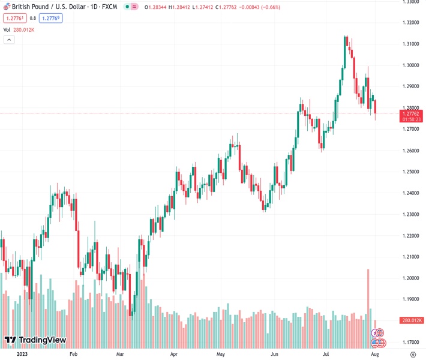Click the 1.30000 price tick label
(410, 65)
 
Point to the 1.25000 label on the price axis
(410, 172)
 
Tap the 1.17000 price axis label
(410, 342)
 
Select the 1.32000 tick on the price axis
(410, 23)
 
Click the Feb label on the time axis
(74, 354)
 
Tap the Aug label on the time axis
(375, 354)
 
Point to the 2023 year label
(22, 354)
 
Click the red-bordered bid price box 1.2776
(14, 18)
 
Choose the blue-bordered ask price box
(50, 18)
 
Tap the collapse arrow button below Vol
(9, 40)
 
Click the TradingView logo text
(42, 340)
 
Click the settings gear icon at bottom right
(413, 354)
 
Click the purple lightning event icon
(377, 333)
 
